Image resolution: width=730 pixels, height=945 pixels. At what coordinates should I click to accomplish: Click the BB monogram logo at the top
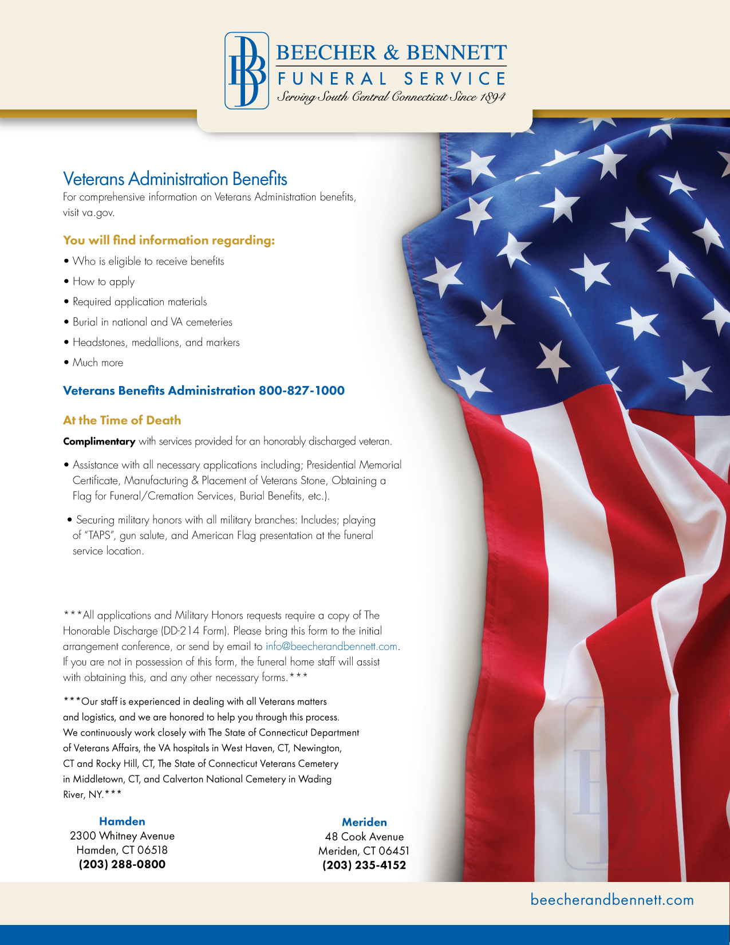247,70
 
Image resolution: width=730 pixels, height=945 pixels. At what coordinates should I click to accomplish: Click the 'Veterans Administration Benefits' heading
175,179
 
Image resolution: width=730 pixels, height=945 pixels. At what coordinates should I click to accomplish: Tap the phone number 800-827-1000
302,391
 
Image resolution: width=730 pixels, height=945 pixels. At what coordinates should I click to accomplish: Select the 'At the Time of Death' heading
122,420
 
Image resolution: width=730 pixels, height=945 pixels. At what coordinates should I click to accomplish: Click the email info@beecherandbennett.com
332,647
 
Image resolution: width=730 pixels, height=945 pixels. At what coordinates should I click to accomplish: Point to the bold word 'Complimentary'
99,442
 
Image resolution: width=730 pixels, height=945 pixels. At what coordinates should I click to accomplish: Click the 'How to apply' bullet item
104,282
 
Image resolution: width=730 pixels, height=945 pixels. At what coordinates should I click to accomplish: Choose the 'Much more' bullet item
98,363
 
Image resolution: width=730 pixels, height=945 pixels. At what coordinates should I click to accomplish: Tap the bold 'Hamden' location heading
122,821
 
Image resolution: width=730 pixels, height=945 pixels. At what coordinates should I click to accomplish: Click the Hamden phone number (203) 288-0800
122,864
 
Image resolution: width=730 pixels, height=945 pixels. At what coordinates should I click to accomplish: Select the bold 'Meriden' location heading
364,822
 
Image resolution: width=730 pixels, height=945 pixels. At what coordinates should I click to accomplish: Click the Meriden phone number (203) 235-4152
364,865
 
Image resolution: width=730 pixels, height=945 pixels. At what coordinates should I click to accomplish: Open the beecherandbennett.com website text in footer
612,900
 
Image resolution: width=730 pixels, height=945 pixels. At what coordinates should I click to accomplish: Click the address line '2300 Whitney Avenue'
122,836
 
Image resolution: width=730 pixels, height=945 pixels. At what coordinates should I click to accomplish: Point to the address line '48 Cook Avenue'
364,837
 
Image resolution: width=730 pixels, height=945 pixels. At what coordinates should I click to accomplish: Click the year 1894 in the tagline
492,97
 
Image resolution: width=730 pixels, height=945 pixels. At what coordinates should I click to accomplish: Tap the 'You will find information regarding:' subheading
169,241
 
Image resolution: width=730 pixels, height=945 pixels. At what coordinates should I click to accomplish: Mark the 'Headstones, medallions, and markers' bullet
156,342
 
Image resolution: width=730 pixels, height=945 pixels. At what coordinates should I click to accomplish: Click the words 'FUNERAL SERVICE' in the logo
392,78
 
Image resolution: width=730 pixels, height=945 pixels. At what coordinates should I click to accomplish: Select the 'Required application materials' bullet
140,302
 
